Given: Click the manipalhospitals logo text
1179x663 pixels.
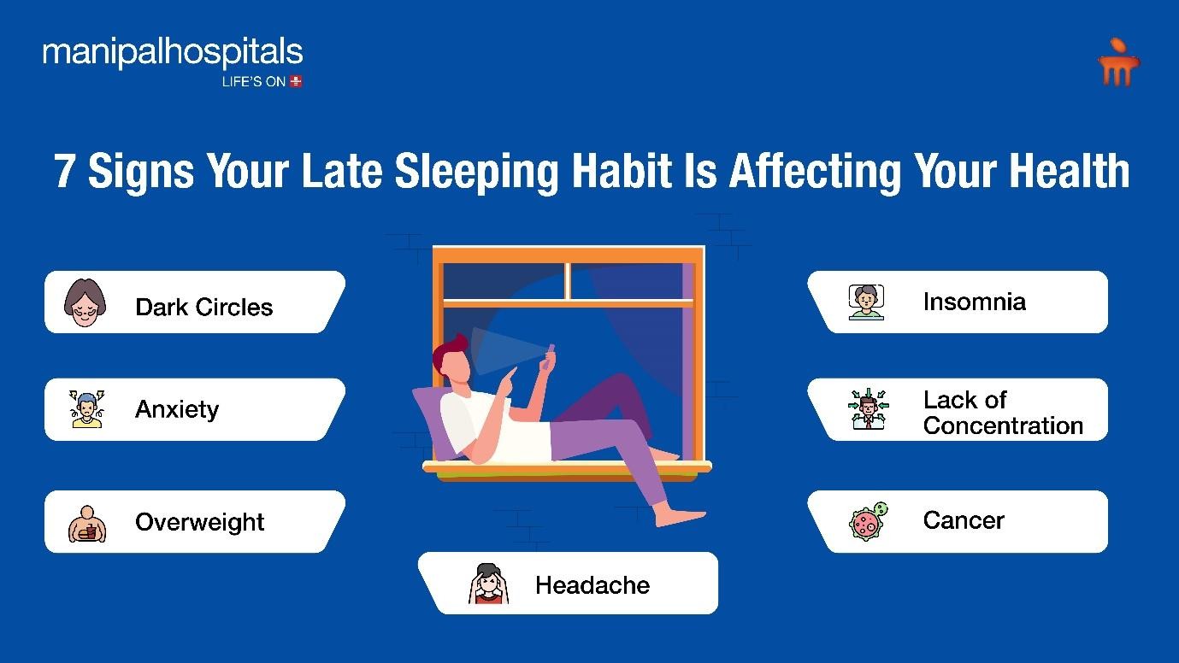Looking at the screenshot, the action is click(173, 53).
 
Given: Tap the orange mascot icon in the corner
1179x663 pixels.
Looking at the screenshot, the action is click(1118, 62).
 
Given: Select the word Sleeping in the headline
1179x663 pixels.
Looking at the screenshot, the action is click(476, 171).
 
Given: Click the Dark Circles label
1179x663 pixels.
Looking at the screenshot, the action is click(204, 307).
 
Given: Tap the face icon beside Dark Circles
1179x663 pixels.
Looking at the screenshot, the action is click(85, 302).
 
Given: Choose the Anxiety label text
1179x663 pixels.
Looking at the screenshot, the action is click(177, 409).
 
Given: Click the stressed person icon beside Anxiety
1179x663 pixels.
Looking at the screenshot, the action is click(87, 409).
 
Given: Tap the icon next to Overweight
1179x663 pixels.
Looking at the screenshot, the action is click(87, 524).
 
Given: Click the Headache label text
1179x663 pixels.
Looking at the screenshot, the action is click(592, 585).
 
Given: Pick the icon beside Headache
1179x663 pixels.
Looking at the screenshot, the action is click(488, 584).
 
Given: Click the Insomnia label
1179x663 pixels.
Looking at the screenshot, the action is click(975, 302).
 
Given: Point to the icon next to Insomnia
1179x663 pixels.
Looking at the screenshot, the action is click(866, 302).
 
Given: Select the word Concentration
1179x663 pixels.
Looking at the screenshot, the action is click(1003, 425).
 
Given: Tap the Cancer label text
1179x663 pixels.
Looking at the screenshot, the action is click(964, 520).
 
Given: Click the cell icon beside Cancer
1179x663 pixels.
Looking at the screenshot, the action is click(868, 520).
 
